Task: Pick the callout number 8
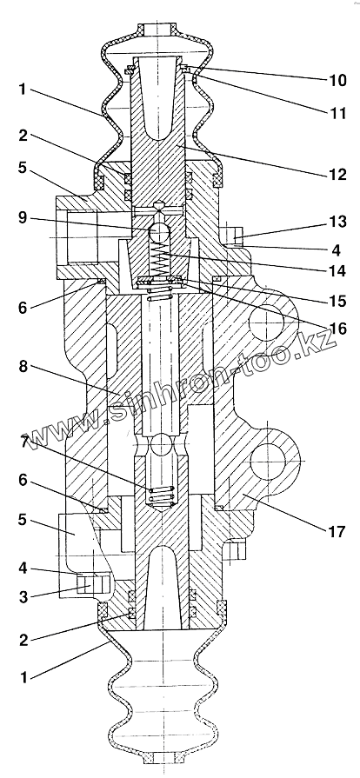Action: (23, 368)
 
